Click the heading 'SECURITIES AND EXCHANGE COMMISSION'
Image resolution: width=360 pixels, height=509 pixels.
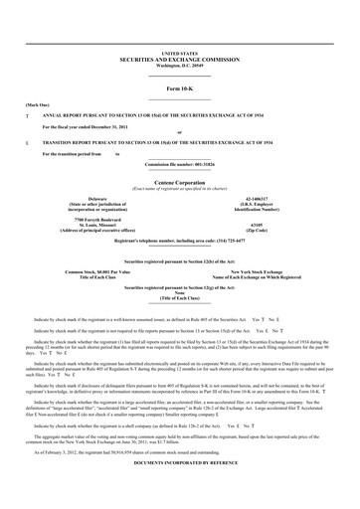click(x=180, y=59)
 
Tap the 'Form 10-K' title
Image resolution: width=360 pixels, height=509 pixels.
click(x=180, y=89)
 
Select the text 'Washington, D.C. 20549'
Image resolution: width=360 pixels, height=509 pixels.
click(x=180, y=65)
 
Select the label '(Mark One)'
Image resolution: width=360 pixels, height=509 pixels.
click(x=37, y=104)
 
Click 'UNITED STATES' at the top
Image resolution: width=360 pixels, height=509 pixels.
click(x=180, y=52)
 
